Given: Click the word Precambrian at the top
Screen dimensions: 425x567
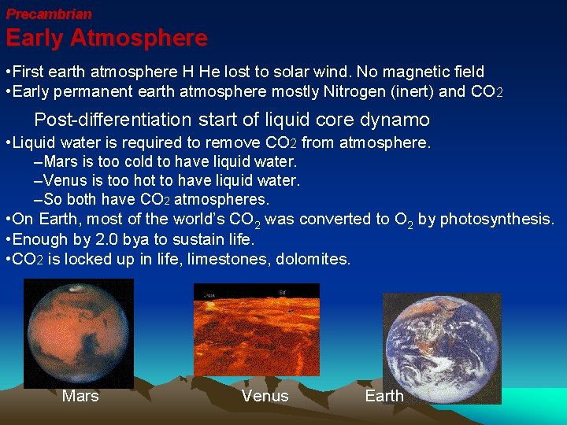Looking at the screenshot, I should click(x=49, y=14).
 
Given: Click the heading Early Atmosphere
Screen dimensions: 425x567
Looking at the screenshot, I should click(x=106, y=38).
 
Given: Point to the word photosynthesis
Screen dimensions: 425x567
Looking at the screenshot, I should click(x=496, y=219).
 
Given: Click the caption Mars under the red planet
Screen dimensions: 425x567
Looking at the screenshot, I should click(x=80, y=396).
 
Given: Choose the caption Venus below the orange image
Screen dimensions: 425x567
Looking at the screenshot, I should click(x=265, y=396).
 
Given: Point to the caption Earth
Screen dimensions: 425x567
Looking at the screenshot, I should click(x=384, y=396).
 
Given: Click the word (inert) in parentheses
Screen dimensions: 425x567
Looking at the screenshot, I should click(x=409, y=91).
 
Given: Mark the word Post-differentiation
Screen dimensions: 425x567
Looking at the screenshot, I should click(x=113, y=120).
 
